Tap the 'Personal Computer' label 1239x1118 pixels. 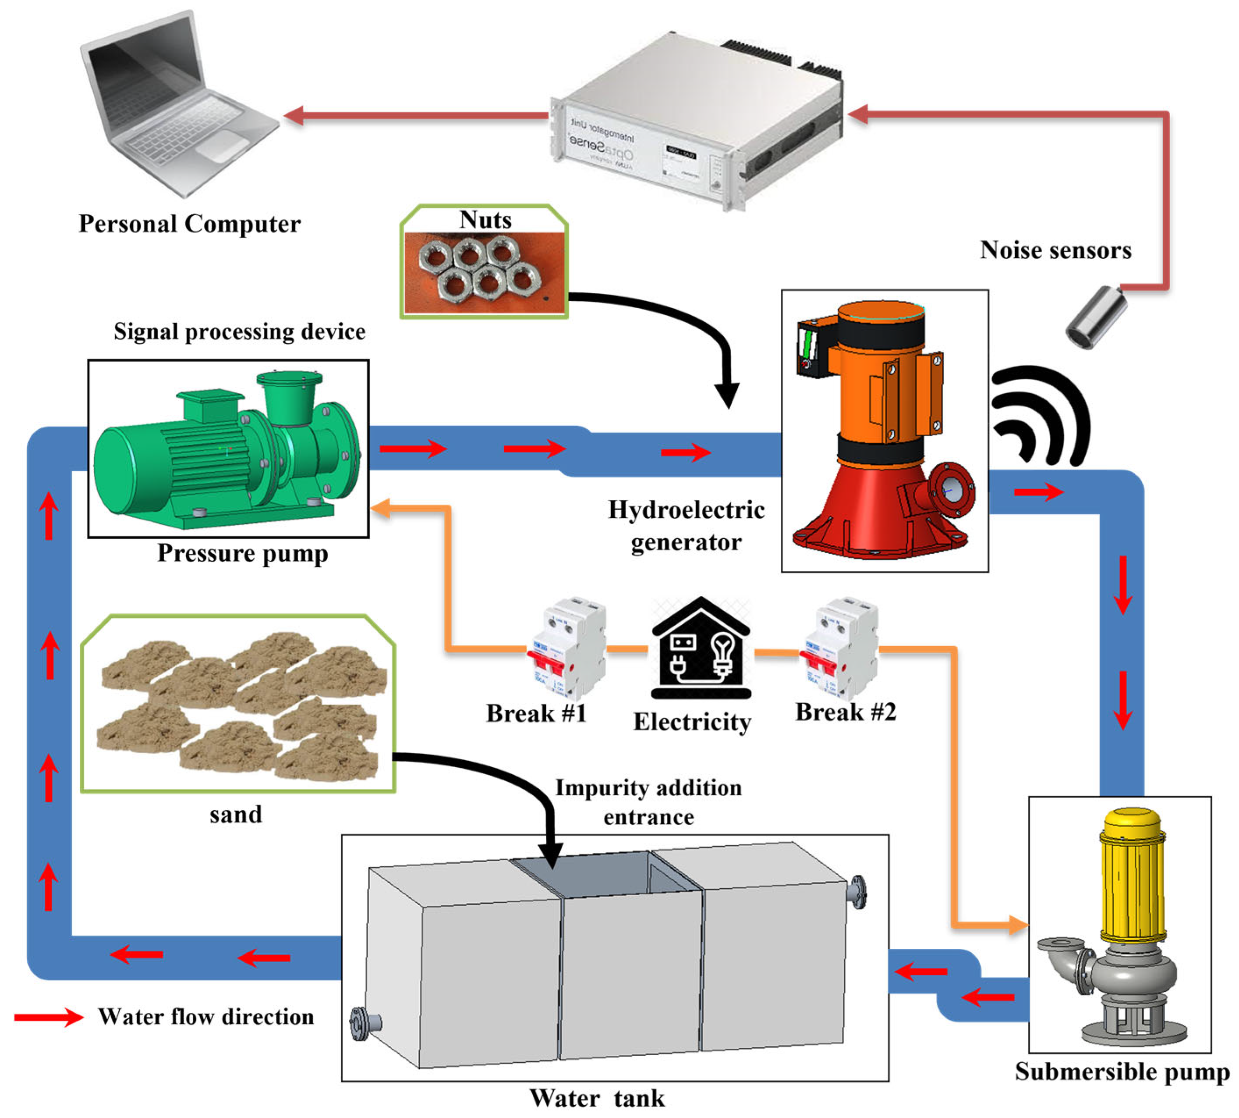click(189, 224)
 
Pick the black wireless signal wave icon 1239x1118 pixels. click(1037, 418)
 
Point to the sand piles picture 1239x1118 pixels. click(238, 703)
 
